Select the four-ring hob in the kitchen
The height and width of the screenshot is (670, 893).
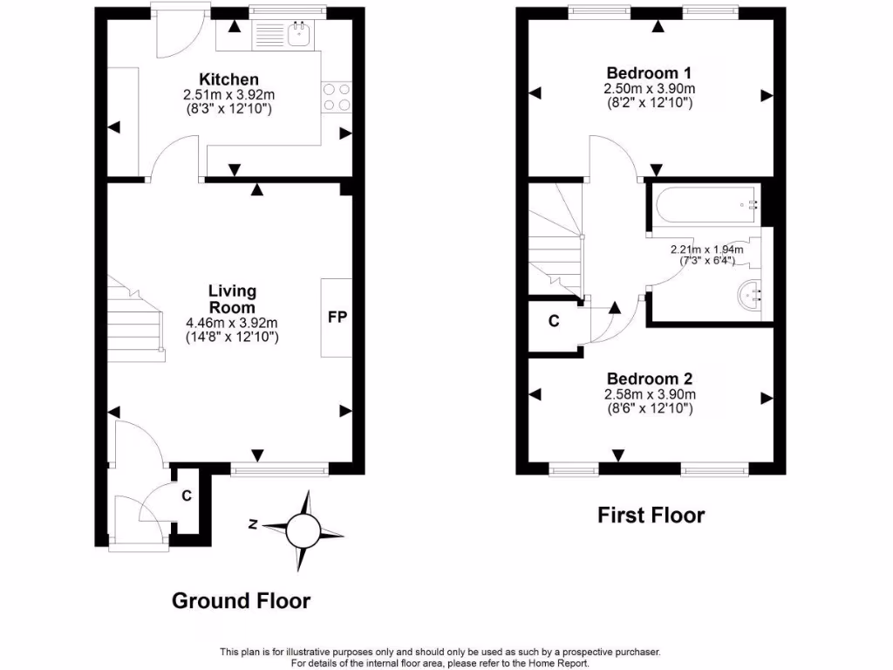click(x=337, y=96)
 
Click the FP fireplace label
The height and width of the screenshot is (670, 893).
click(x=337, y=317)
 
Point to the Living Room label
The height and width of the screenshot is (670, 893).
click(x=231, y=299)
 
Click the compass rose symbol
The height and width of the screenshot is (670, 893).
click(x=304, y=529)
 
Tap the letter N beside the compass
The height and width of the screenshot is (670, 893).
click(x=251, y=524)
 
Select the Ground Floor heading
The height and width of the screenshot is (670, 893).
click(x=241, y=600)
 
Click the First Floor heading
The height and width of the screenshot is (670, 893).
click(x=651, y=515)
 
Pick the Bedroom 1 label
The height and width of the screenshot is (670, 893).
click(x=649, y=72)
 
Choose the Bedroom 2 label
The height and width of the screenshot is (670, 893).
click(x=649, y=379)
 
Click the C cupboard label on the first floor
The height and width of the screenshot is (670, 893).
click(x=553, y=321)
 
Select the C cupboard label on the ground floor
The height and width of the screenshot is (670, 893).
click(x=186, y=496)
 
